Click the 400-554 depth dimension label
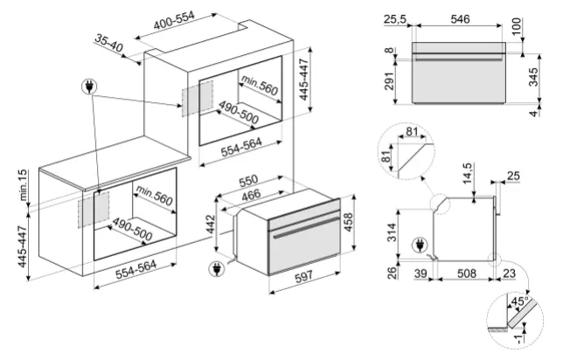pos(174,20)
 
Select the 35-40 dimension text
pos(109,43)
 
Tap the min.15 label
pos(23,185)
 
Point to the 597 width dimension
pos(303,276)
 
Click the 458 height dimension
pos(348,223)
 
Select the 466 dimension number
pos(251,195)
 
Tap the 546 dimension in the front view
pos(460,18)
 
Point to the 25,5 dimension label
pos(394,18)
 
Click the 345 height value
pos(533,77)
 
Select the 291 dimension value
pos(390,81)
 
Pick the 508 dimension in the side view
pos(467,273)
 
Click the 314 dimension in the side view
pos(392,232)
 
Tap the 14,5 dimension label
pos(467,174)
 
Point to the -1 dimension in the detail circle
pos(518,340)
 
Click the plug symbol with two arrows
pos(89,87)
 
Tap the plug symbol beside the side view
pos(420,246)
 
